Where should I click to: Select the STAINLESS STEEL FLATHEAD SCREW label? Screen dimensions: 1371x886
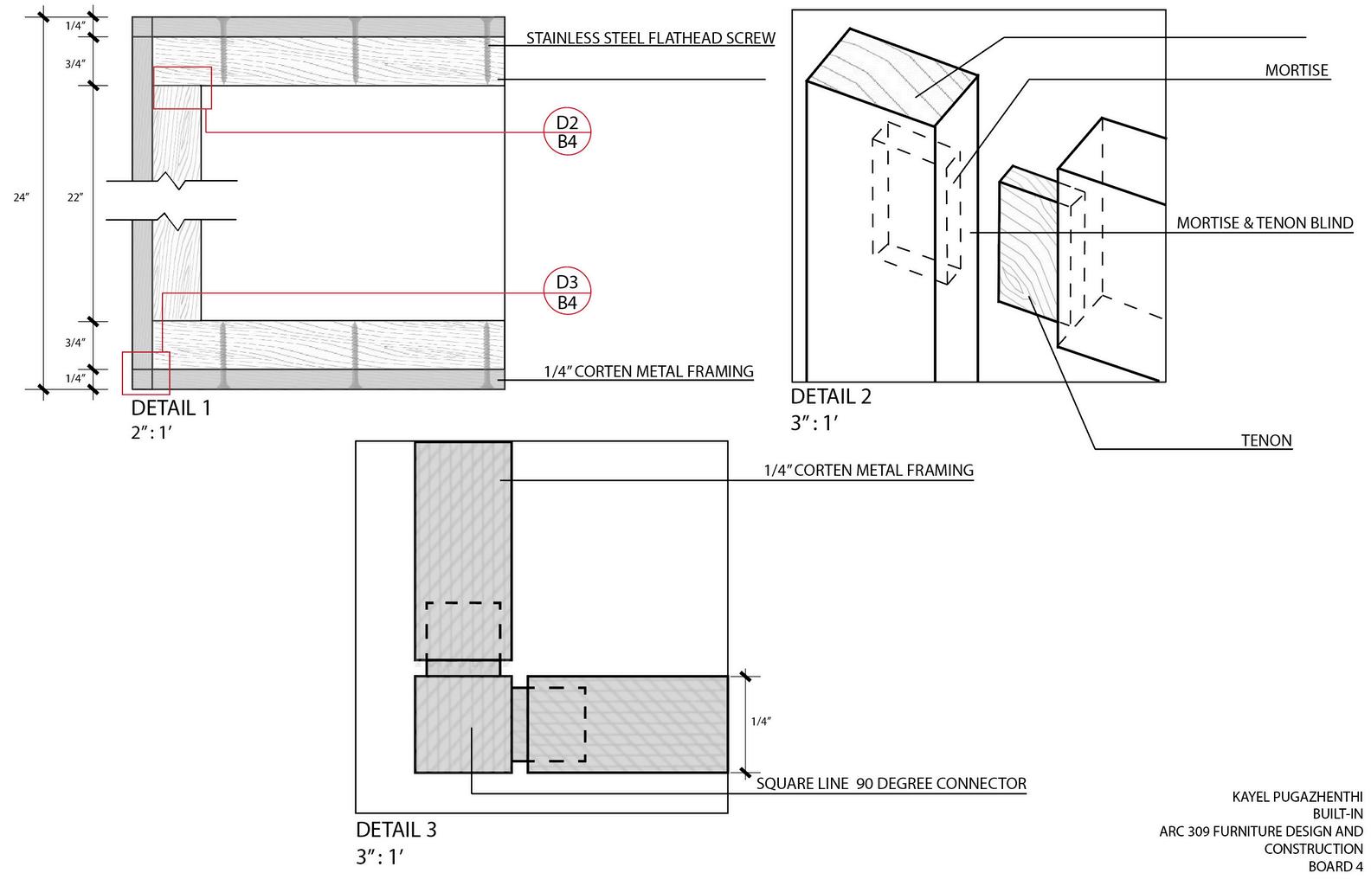click(651, 38)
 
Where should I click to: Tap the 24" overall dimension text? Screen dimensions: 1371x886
click(22, 197)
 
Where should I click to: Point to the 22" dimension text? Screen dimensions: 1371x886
click(75, 197)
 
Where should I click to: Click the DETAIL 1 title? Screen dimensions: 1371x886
click(171, 408)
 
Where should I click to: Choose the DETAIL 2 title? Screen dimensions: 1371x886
click(831, 396)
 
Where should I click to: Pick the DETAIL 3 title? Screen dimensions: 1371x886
click(396, 830)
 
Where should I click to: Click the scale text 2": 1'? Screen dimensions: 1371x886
click(151, 433)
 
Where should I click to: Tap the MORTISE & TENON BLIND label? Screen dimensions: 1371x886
click(1265, 222)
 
